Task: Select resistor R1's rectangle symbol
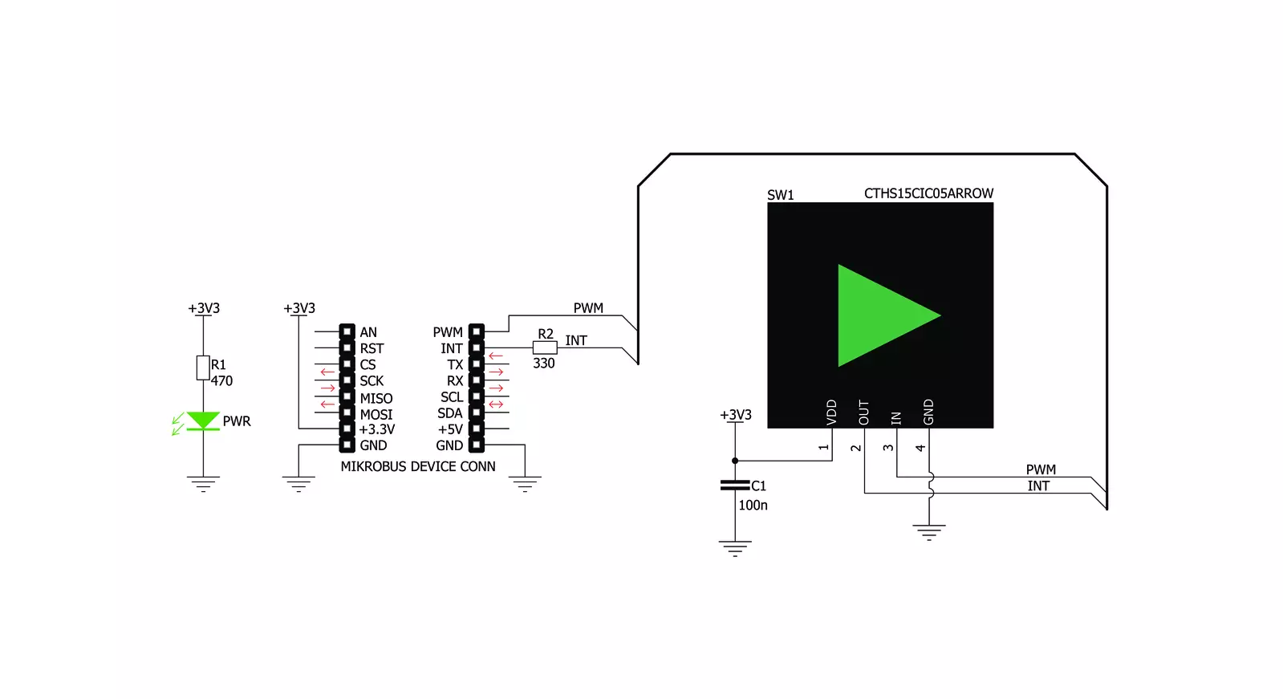[x=203, y=368]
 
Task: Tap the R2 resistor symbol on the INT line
[x=545, y=347]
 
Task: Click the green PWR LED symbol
[x=203, y=421]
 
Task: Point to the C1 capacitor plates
[x=735, y=486]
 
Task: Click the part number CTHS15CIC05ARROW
[x=928, y=193]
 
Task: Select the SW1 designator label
[x=780, y=195]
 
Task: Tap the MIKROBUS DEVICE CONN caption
[x=418, y=466]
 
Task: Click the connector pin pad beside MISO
[x=347, y=396]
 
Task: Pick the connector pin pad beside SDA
[x=477, y=412]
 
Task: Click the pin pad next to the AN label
[x=347, y=331]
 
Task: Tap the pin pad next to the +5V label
[x=477, y=429]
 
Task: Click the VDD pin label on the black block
[x=832, y=412]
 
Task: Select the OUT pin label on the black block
[x=864, y=412]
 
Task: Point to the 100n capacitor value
[x=753, y=506]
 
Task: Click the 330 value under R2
[x=543, y=364]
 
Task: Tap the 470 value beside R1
[x=221, y=381]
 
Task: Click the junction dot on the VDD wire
[x=735, y=461]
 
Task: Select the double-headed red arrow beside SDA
[x=496, y=404]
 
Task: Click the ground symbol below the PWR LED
[x=203, y=484]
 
